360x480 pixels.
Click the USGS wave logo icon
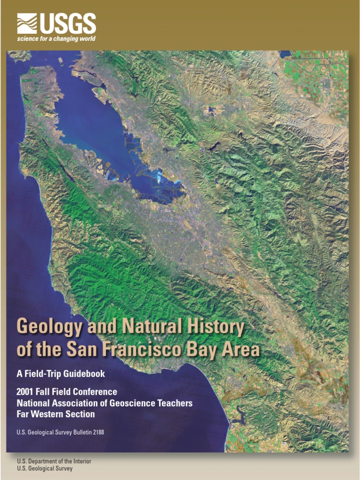pyautogui.click(x=27, y=23)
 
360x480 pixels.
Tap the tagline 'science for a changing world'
pyautogui.click(x=56, y=39)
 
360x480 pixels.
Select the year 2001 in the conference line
pyautogui.click(x=25, y=391)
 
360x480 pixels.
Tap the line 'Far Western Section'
pyautogui.click(x=55, y=414)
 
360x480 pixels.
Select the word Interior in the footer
pyautogui.click(x=81, y=461)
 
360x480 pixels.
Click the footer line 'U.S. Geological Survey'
pyautogui.click(x=45, y=469)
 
